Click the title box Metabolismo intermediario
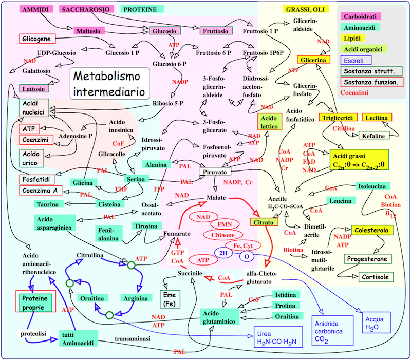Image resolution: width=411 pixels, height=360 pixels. click(110, 84)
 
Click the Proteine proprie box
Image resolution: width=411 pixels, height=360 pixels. click(36, 303)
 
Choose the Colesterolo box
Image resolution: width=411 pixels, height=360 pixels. click(370, 231)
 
